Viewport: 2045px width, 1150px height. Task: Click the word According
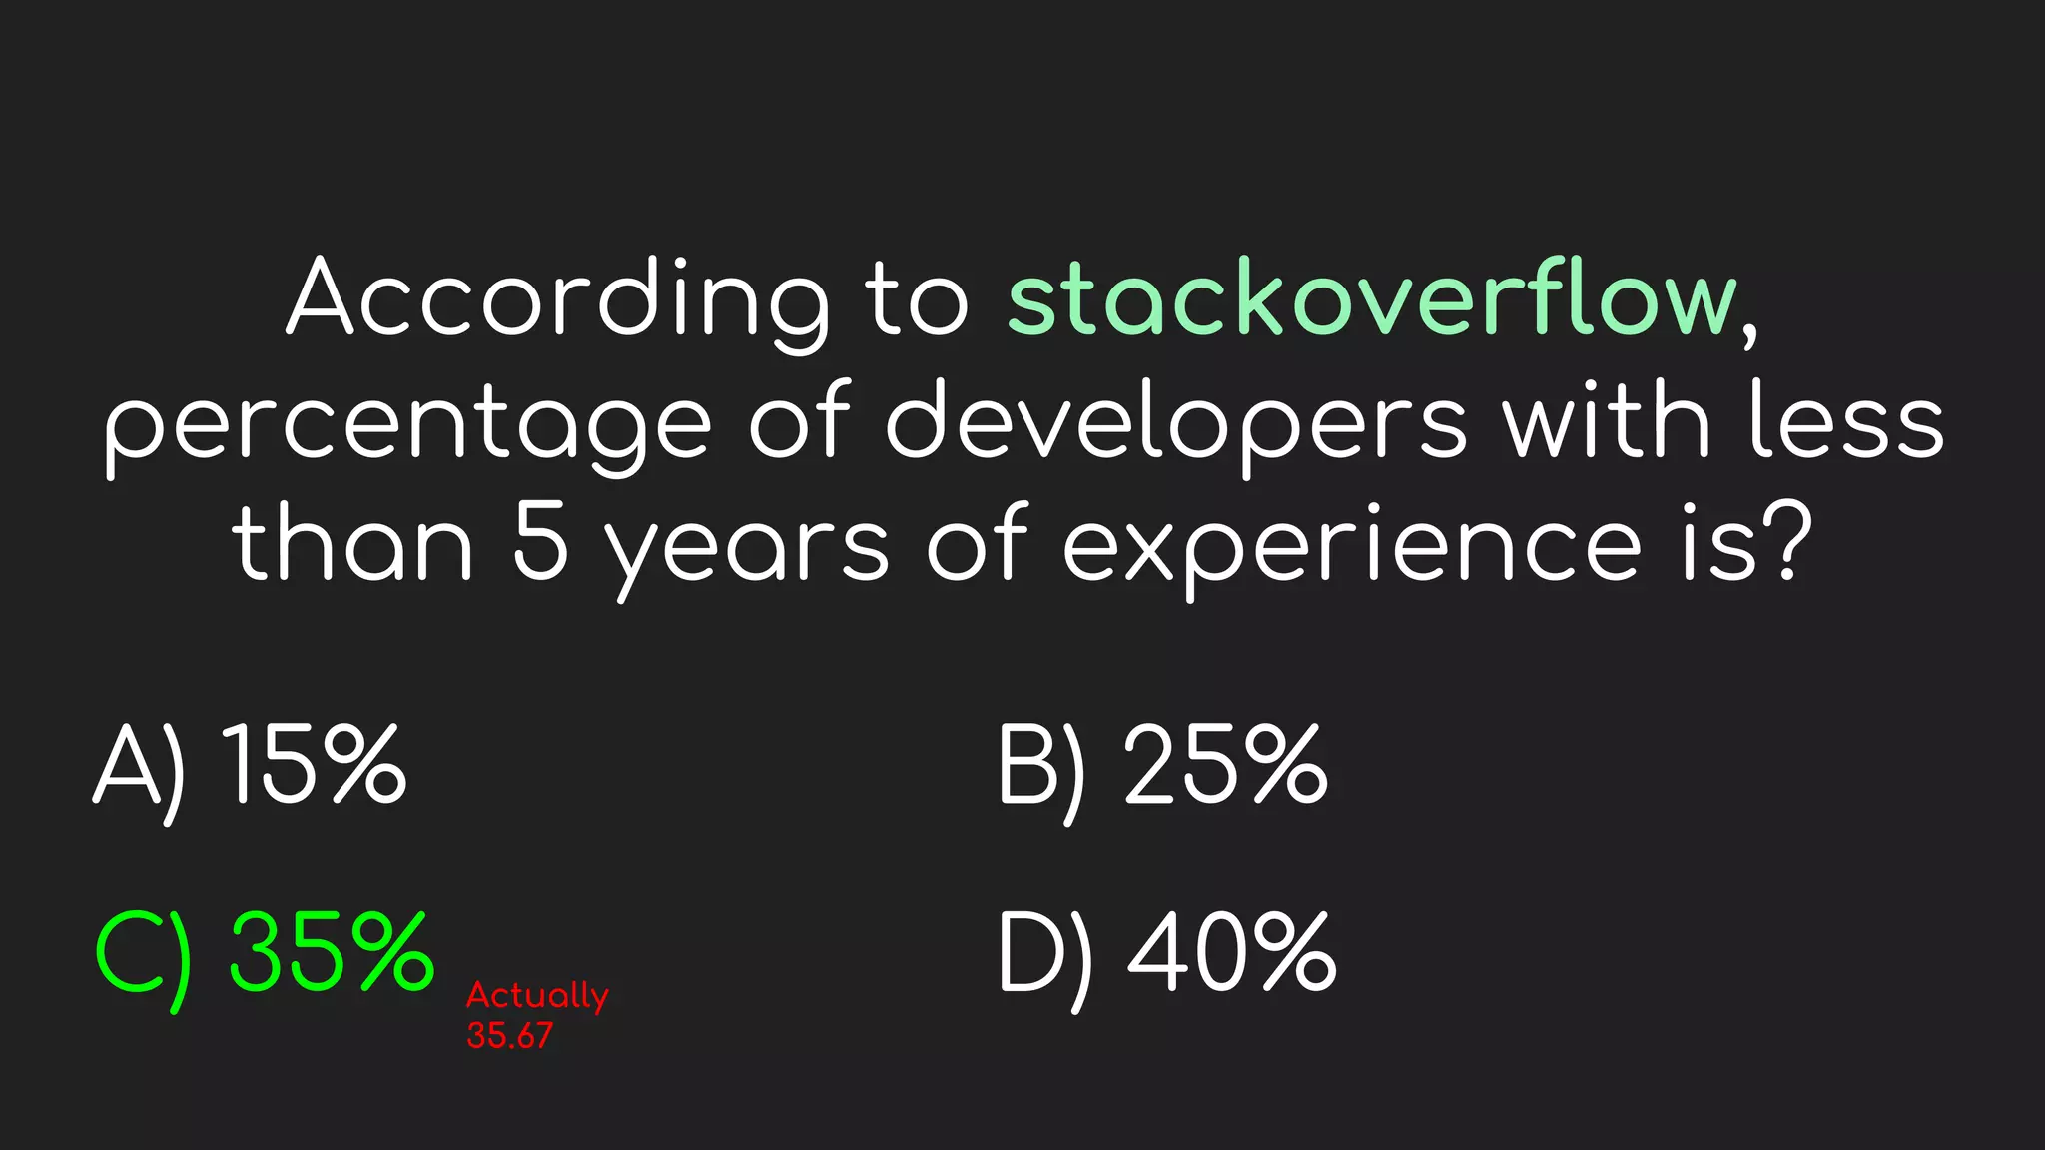557,299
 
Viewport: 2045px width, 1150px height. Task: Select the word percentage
407,424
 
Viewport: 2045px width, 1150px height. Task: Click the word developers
1176,424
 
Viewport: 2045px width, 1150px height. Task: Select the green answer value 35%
332,953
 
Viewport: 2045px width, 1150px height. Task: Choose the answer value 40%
1232,953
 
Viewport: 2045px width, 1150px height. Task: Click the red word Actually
537,996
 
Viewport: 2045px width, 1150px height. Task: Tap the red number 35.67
509,1036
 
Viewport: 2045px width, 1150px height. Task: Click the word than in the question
351,544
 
